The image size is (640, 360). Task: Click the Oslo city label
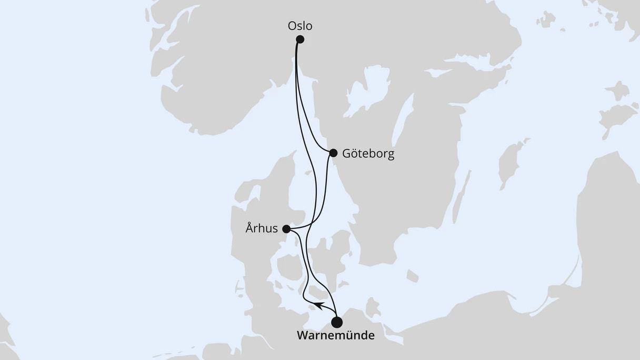pyautogui.click(x=299, y=26)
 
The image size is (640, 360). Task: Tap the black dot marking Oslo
pyautogui.click(x=300, y=39)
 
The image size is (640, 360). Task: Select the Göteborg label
pyautogui.click(x=368, y=154)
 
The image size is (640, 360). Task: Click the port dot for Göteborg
pyautogui.click(x=333, y=153)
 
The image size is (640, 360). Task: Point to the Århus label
pyautogui.click(x=262, y=228)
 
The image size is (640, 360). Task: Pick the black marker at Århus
pyautogui.click(x=286, y=229)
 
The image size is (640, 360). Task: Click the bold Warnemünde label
pyautogui.click(x=336, y=335)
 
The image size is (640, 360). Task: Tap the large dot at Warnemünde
pyautogui.click(x=337, y=322)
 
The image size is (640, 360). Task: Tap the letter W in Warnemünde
pyautogui.click(x=303, y=335)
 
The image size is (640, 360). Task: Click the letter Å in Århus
pyautogui.click(x=249, y=228)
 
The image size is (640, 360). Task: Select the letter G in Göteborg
pyautogui.click(x=346, y=154)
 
